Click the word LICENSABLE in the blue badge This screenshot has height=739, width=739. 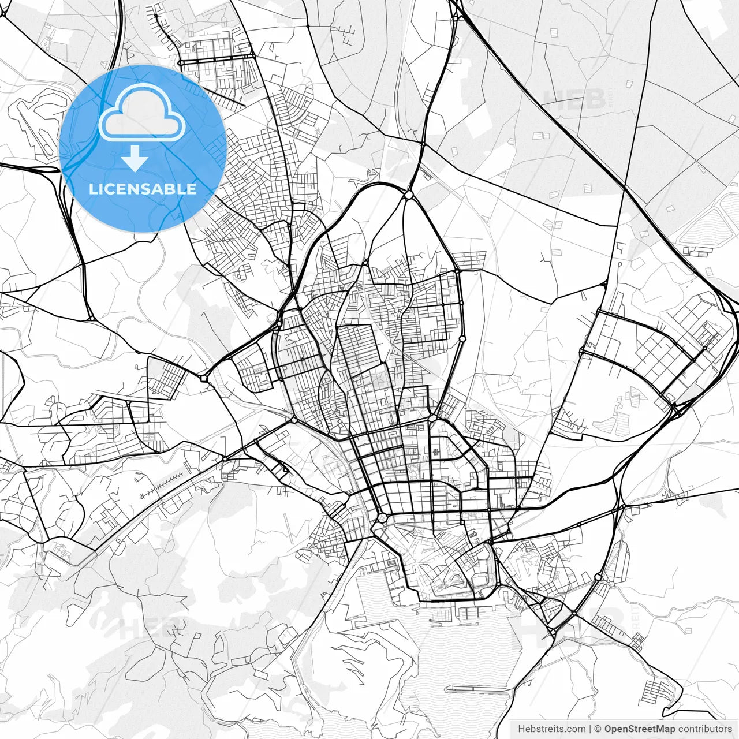143,189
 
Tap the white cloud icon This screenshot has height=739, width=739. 142,113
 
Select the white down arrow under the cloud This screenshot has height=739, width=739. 135,159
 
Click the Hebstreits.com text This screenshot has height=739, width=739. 551,729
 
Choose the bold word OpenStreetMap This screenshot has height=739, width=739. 640,729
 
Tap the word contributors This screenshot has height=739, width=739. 704,729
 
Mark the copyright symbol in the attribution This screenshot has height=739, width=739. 598,729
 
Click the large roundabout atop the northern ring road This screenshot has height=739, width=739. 409,196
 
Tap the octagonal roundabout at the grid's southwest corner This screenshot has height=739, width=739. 382,518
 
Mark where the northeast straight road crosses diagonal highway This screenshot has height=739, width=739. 624,188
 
